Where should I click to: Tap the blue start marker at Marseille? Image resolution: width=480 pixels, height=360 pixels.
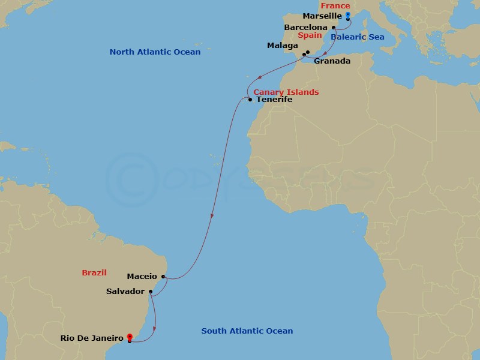(x=348, y=16)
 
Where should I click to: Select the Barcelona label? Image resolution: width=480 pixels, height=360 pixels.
(x=306, y=27)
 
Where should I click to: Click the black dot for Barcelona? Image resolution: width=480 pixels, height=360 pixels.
(x=334, y=27)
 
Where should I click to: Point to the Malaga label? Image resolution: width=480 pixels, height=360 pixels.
(x=283, y=46)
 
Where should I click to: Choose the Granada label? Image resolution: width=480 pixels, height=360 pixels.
(x=332, y=61)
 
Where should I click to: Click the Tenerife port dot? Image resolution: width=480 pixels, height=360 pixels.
(x=250, y=100)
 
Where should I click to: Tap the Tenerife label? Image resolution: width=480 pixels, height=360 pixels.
(x=274, y=100)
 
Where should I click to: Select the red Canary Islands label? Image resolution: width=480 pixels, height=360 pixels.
(x=286, y=92)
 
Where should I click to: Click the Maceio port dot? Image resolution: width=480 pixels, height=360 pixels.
(x=163, y=277)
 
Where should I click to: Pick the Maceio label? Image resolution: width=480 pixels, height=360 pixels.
(x=142, y=277)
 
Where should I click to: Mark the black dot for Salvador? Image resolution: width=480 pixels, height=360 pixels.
(x=151, y=292)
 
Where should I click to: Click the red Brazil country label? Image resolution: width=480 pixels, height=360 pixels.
(x=94, y=273)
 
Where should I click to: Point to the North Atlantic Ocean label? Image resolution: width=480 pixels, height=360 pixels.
(x=155, y=52)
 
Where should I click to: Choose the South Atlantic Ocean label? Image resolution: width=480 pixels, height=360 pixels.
(x=247, y=331)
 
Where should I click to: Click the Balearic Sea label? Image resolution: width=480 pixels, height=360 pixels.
(x=358, y=37)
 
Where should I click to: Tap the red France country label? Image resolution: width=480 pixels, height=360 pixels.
(x=335, y=6)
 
